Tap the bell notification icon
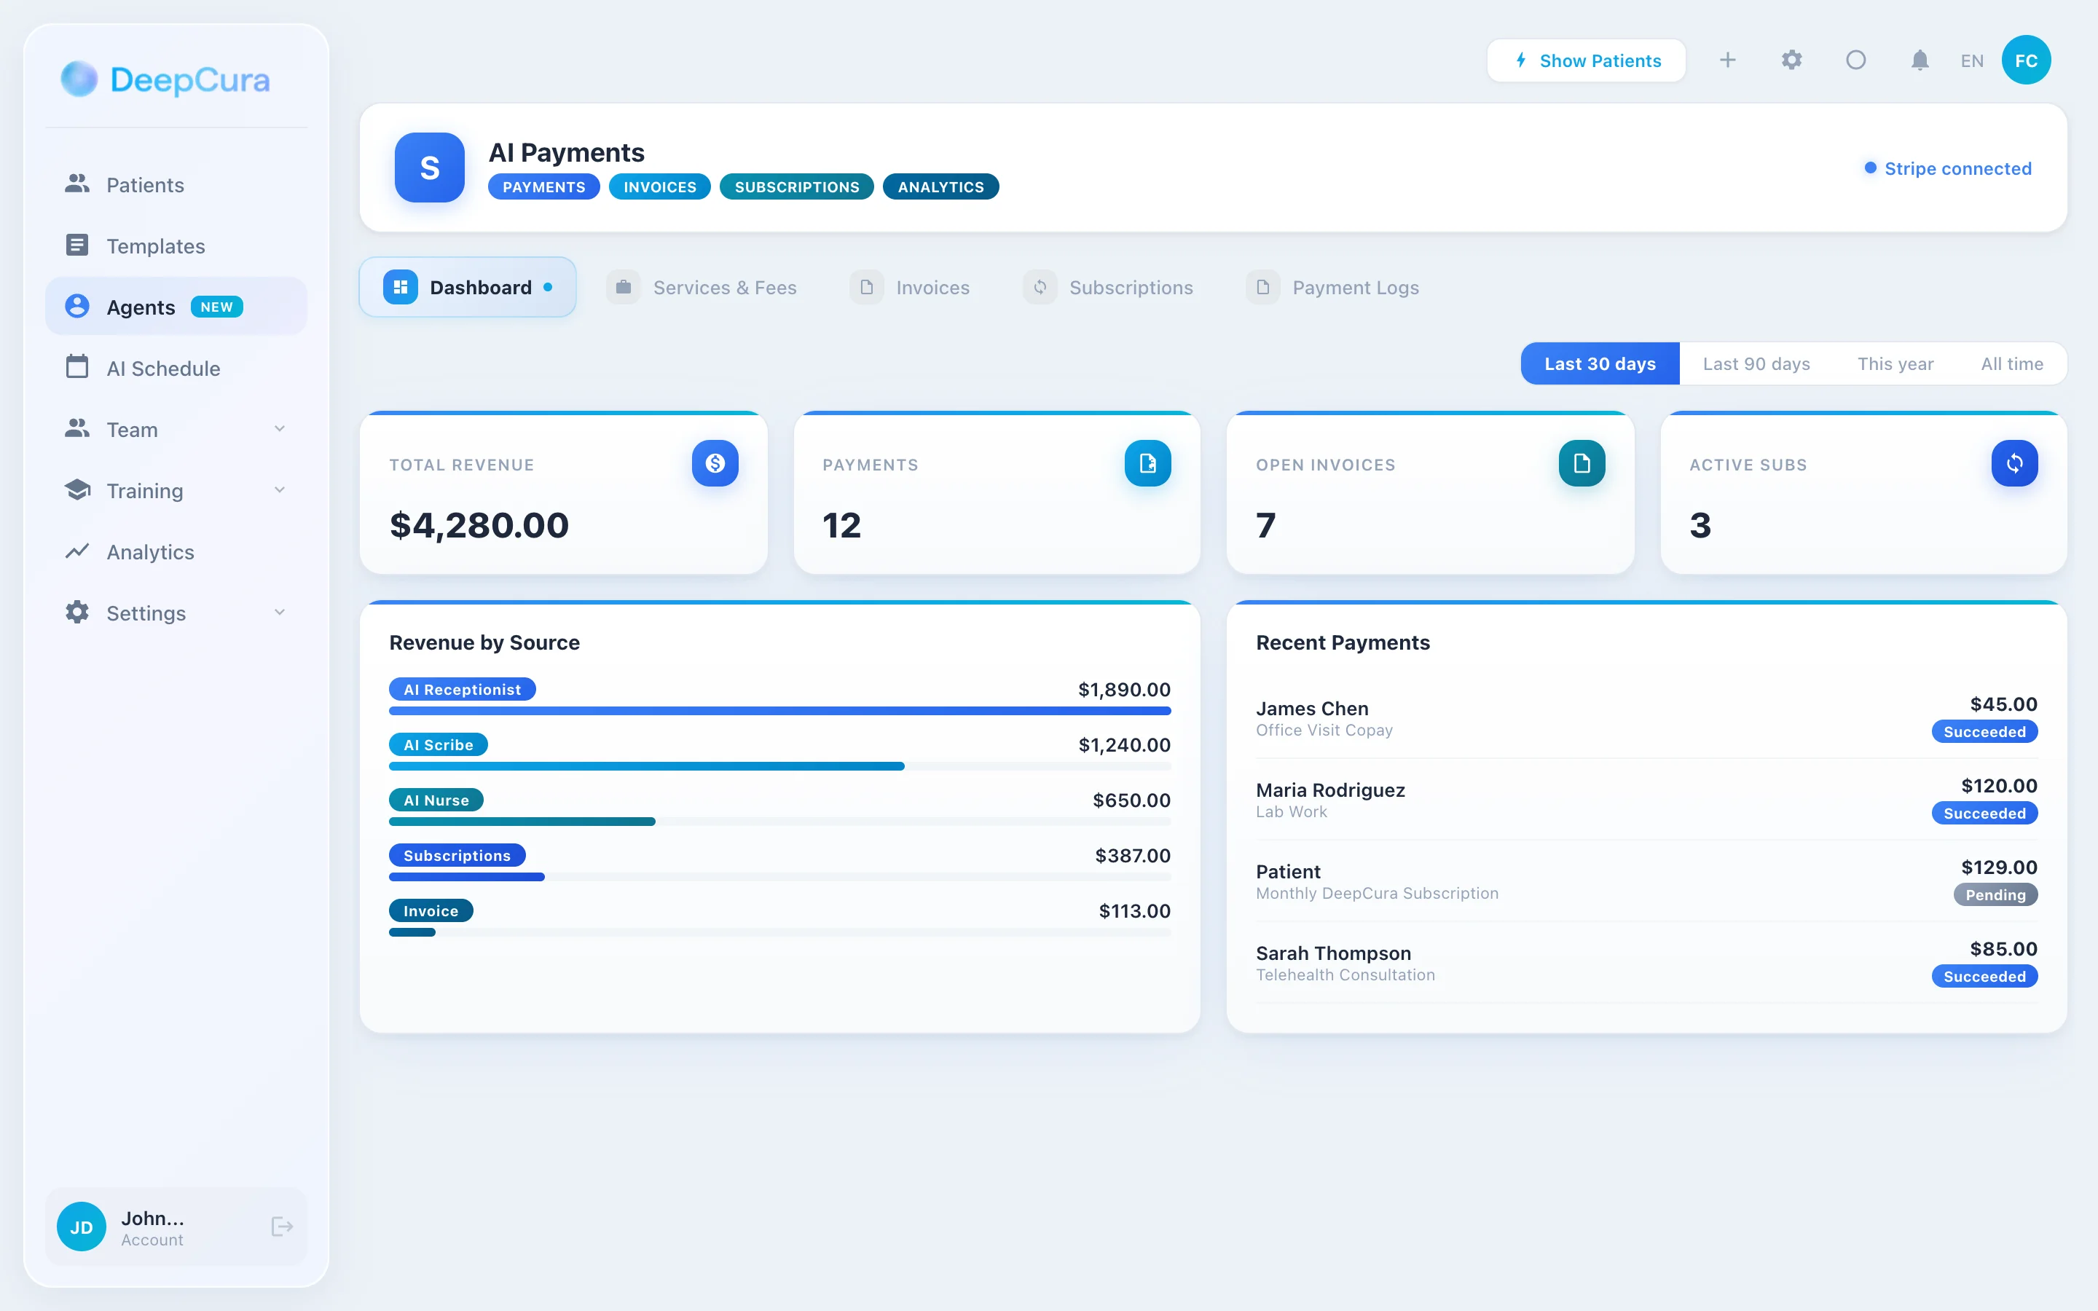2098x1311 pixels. pyautogui.click(x=1920, y=60)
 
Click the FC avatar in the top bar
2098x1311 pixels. pyautogui.click(x=2025, y=60)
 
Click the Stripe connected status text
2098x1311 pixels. pyautogui.click(x=1957, y=168)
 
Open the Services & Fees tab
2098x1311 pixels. pyautogui.click(x=723, y=288)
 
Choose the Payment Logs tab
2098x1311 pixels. pyautogui.click(x=1354, y=288)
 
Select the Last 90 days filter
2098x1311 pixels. pyautogui.click(x=1756, y=364)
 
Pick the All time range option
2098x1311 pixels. pyautogui.click(x=2011, y=364)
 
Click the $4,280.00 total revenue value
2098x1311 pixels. pyautogui.click(x=479, y=525)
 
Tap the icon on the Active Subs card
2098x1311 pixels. pyautogui.click(x=2014, y=463)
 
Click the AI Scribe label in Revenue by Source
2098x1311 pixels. pyautogui.click(x=438, y=745)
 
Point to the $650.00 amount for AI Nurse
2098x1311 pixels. pyautogui.click(x=1131, y=800)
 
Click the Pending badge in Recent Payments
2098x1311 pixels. pyautogui.click(x=1995, y=895)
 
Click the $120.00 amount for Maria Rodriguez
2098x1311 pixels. pyautogui.click(x=1998, y=786)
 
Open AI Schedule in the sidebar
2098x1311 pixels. pyautogui.click(x=163, y=369)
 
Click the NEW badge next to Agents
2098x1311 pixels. pyautogui.click(x=217, y=307)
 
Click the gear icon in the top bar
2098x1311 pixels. pyautogui.click(x=1791, y=60)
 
